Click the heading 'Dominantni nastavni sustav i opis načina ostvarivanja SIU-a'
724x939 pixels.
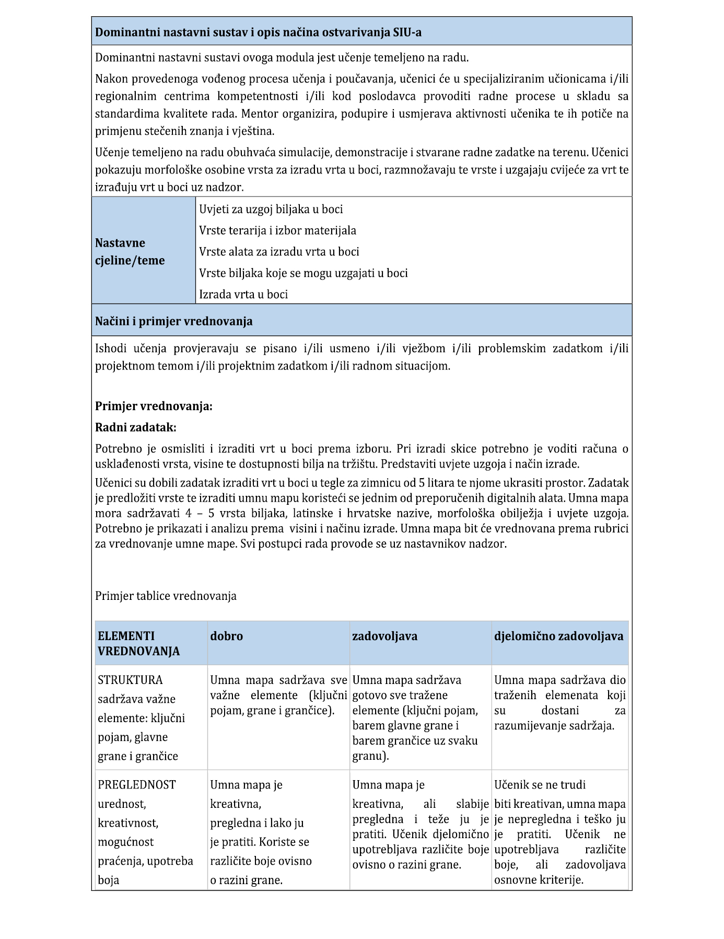click(x=258, y=32)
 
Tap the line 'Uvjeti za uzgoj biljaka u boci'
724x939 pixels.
click(x=271, y=209)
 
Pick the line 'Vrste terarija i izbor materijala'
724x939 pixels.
click(x=277, y=230)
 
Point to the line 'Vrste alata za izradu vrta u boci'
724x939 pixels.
click(x=279, y=252)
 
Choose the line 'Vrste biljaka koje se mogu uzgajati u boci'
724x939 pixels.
click(x=303, y=273)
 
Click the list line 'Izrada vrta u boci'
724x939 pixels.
click(x=243, y=294)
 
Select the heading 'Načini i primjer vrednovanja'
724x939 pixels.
click(x=173, y=321)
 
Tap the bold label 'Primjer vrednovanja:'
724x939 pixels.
click(x=154, y=406)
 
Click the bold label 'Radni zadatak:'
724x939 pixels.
click(x=136, y=427)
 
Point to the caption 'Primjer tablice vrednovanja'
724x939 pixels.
click(x=166, y=596)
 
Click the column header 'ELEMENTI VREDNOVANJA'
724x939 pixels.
click(x=138, y=643)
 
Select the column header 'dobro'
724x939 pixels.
click(x=226, y=636)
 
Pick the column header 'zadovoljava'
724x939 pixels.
click(x=384, y=636)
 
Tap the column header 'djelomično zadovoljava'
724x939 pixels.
click(x=558, y=636)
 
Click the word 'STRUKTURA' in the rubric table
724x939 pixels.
click(x=130, y=680)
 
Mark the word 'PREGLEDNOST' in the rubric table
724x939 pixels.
click(x=137, y=784)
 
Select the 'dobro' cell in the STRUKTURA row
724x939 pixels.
click(x=278, y=695)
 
